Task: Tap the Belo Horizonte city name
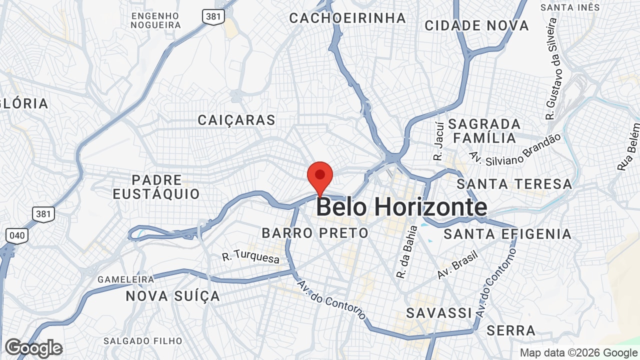(401, 207)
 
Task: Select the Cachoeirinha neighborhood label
(347, 18)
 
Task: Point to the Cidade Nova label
(476, 25)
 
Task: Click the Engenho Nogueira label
(155, 20)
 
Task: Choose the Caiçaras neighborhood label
(236, 120)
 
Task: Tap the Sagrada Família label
(484, 130)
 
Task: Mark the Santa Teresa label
(514, 184)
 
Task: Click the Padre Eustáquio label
(156, 187)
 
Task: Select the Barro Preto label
(315, 233)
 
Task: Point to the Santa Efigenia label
(507, 234)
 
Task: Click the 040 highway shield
(17, 235)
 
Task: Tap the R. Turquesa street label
(250, 257)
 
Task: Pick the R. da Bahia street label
(406, 252)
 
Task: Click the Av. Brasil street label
(457, 264)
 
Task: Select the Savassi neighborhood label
(439, 313)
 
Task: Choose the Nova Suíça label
(172, 296)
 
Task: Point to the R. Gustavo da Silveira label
(551, 68)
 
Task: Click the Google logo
(33, 348)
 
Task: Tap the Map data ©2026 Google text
(578, 352)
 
